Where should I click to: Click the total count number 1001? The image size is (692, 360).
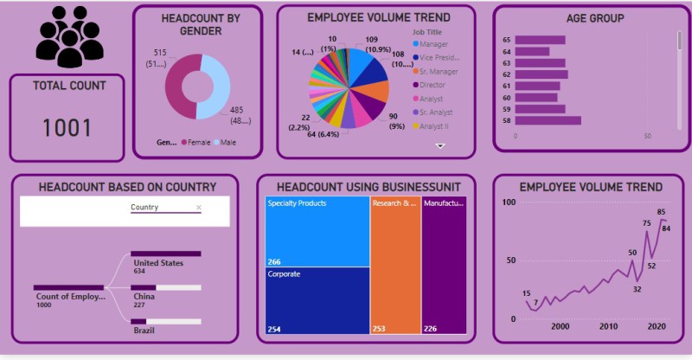[x=67, y=128]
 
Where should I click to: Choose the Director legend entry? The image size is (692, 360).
[x=436, y=85]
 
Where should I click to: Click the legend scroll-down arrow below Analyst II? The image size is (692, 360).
[x=439, y=146]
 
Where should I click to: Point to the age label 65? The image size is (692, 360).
[x=506, y=40]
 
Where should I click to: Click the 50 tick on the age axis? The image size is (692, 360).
[x=648, y=137]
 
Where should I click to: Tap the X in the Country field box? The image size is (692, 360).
[x=199, y=208]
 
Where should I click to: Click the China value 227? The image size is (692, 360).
[x=140, y=304]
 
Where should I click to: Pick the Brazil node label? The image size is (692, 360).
[x=144, y=331]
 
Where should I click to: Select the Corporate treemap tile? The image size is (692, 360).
[x=316, y=299]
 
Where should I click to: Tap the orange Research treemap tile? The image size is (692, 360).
[x=394, y=264]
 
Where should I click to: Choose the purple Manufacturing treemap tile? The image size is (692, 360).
[x=444, y=264]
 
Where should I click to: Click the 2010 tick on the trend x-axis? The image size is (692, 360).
[x=608, y=326]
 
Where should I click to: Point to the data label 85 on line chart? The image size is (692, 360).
[x=661, y=212]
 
